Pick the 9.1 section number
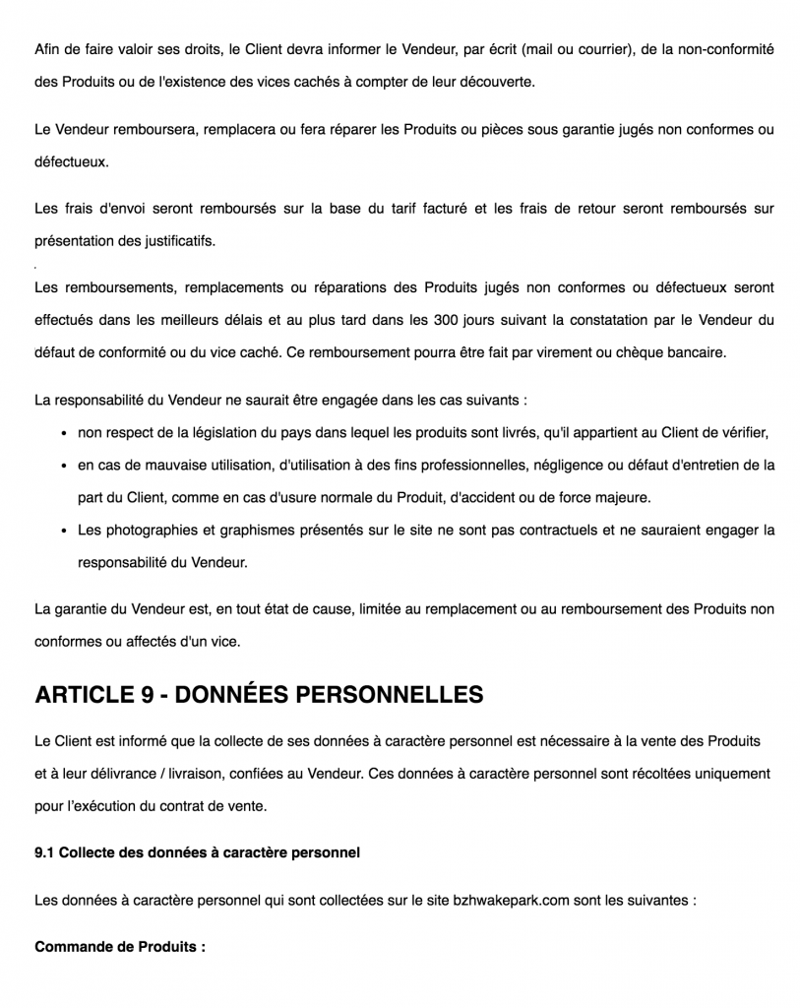coord(44,851)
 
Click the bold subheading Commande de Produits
coord(120,948)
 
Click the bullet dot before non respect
coord(64,432)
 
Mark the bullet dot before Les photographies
coord(64,531)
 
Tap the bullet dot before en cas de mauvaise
coord(64,465)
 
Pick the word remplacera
coord(243,129)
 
